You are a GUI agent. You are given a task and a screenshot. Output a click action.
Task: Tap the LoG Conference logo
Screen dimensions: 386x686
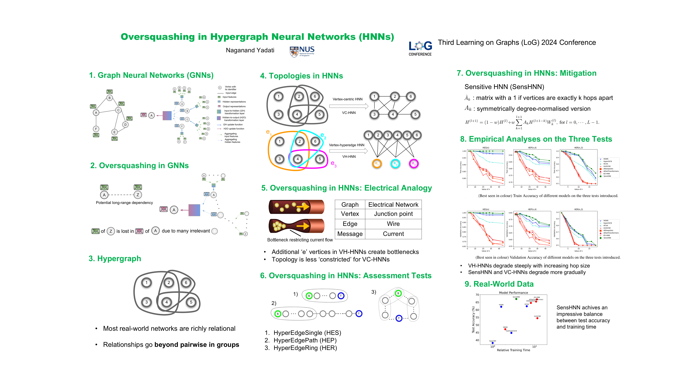(420, 48)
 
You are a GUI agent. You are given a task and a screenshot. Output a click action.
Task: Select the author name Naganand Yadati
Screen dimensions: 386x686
(250, 50)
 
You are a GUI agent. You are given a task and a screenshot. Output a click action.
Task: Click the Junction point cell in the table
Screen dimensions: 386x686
(393, 214)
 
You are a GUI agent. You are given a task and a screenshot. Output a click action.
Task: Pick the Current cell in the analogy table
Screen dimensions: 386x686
(393, 234)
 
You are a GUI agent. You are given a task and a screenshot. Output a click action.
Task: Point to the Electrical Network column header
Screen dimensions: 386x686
(393, 205)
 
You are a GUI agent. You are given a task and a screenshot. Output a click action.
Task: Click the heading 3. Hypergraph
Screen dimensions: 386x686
(115, 259)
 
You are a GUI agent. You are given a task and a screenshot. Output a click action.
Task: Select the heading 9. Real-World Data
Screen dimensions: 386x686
(499, 284)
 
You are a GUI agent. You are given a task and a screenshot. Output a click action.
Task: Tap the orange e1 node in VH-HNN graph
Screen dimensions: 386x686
(376, 164)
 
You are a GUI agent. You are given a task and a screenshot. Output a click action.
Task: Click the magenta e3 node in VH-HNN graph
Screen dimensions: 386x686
(414, 164)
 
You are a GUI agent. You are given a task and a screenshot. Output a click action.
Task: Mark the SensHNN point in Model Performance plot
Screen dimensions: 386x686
(516, 299)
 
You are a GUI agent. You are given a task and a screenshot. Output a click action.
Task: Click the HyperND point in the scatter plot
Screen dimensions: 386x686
(492, 343)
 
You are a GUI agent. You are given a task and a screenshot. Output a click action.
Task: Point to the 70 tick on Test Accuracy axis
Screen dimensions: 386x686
(477, 295)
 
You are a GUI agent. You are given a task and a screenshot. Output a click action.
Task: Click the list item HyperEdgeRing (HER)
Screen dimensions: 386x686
(305, 348)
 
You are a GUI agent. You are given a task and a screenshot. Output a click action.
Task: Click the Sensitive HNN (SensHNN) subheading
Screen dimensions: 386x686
(504, 87)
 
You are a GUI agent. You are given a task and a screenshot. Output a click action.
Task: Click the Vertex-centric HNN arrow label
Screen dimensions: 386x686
(347, 99)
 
